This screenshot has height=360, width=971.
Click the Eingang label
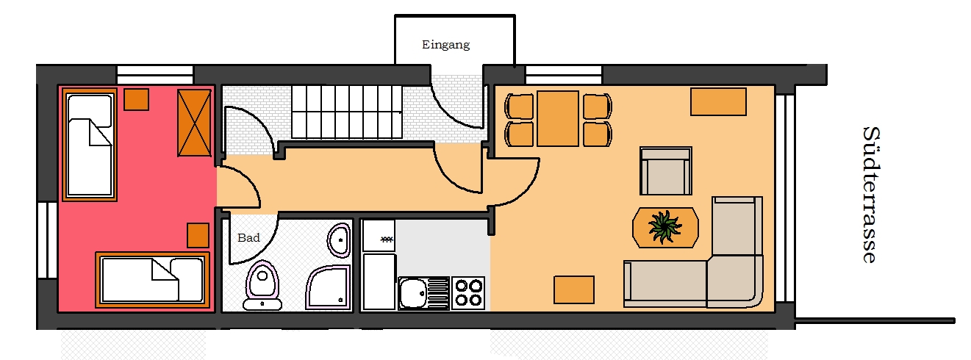[x=445, y=45]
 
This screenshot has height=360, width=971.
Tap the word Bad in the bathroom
[x=249, y=237]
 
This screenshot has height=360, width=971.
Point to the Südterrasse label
[x=871, y=195]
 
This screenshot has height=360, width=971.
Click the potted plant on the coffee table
[x=664, y=226]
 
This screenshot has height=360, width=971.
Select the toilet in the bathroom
[x=262, y=284]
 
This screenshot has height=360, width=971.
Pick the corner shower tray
[x=328, y=287]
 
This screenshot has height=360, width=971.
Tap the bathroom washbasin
[x=339, y=240]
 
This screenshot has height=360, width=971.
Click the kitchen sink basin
[x=412, y=293]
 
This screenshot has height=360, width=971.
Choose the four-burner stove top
[x=468, y=293]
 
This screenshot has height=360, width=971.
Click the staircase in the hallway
[x=346, y=112]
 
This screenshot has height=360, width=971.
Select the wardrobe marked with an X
[x=194, y=123]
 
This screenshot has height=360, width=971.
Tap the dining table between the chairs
[x=557, y=118]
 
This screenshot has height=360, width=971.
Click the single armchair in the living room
[x=666, y=171]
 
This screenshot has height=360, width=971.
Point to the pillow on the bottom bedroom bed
[x=187, y=279]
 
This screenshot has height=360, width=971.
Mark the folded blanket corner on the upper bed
[x=100, y=132]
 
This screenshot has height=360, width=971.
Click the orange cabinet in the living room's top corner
[x=718, y=102]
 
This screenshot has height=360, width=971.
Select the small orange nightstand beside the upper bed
[x=137, y=99]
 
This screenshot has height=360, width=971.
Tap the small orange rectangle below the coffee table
[x=574, y=289]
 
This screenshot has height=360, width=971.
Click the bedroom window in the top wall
[x=155, y=75]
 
